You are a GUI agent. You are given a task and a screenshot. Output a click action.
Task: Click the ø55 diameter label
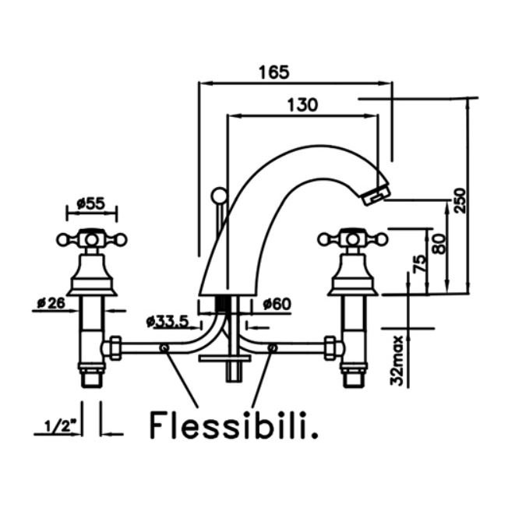coord(91,203)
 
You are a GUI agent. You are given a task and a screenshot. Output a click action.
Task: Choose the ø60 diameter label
coord(277,304)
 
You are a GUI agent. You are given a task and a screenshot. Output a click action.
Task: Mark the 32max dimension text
coord(397,360)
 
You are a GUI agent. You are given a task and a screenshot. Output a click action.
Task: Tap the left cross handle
coord(92,238)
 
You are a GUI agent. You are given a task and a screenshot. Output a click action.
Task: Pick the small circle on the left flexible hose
coord(164,347)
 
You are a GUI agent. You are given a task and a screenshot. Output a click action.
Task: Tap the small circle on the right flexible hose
coord(271,347)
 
